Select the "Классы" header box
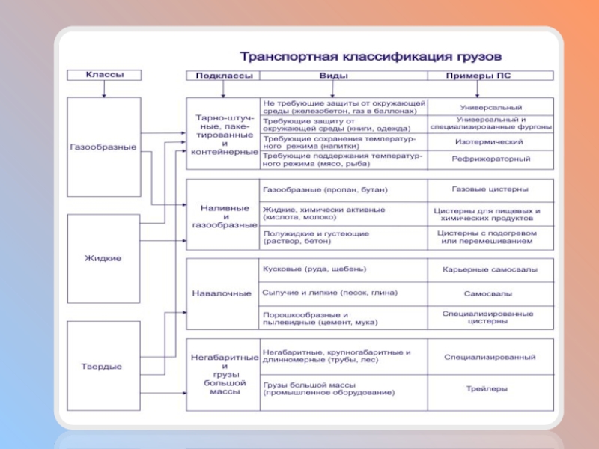[x=104, y=75]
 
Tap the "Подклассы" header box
[x=222, y=76]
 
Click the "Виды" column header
[x=344, y=76]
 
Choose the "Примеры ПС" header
[x=490, y=76]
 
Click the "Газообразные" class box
[x=103, y=147]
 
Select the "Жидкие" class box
[x=103, y=258]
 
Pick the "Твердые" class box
[x=103, y=366]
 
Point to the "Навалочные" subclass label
[x=222, y=293]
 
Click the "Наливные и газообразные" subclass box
[x=222, y=214]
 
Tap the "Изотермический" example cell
[x=490, y=141]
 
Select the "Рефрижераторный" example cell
[x=490, y=159]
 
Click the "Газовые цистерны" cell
[x=490, y=190]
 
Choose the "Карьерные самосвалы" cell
[x=490, y=270]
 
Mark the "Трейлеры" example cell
[x=490, y=389]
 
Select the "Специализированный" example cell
[x=490, y=358]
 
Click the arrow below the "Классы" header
[x=104, y=89]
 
